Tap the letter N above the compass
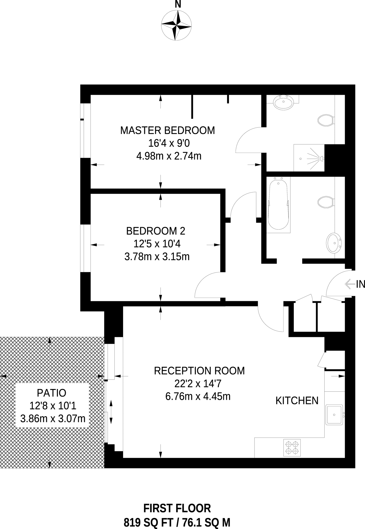point(178,4)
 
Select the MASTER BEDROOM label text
point(167,130)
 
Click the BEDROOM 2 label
point(155,231)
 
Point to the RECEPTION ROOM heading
point(199,371)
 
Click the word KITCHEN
point(297,401)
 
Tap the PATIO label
point(51,393)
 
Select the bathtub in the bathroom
point(278,204)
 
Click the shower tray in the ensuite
point(309,158)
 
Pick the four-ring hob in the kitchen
point(292,448)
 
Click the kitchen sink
point(334,415)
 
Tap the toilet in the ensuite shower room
point(325,120)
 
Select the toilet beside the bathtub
point(325,202)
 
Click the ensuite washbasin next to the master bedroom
point(284,103)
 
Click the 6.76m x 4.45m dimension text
point(198,396)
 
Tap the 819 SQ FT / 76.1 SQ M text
point(177,523)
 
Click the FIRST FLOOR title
point(177,508)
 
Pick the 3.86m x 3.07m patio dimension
point(53,418)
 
